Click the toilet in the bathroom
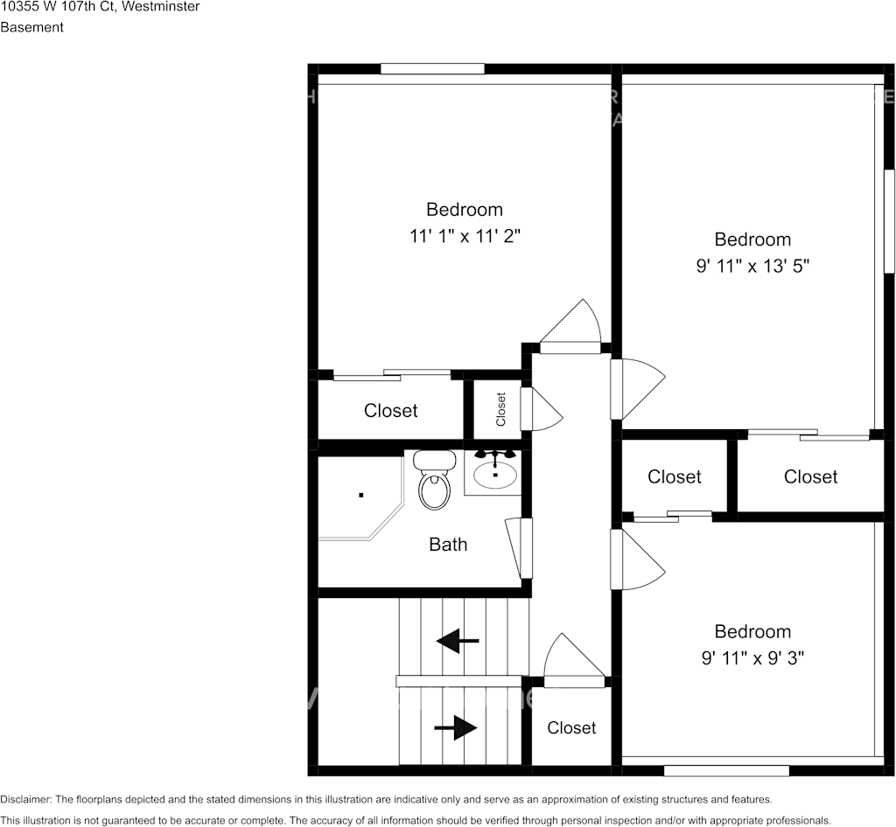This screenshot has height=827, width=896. tap(434, 482)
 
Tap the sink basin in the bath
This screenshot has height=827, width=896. tap(495, 475)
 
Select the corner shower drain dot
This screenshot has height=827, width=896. tap(360, 495)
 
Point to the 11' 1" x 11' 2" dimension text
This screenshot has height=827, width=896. tap(465, 236)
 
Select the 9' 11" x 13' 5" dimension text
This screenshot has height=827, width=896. tap(752, 266)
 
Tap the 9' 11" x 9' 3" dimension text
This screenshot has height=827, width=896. tap(752, 657)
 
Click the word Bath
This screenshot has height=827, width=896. tap(448, 545)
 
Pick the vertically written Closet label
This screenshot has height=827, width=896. tap(501, 409)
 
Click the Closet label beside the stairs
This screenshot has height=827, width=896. tap(571, 727)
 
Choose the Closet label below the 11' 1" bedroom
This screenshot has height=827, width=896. tap(390, 410)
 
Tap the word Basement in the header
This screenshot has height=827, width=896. tap(31, 27)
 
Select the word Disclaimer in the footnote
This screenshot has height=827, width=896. tap(25, 799)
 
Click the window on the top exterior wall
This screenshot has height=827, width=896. tap(432, 69)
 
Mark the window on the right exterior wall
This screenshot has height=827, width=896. tap(889, 221)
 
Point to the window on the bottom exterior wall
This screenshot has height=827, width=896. tap(726, 770)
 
